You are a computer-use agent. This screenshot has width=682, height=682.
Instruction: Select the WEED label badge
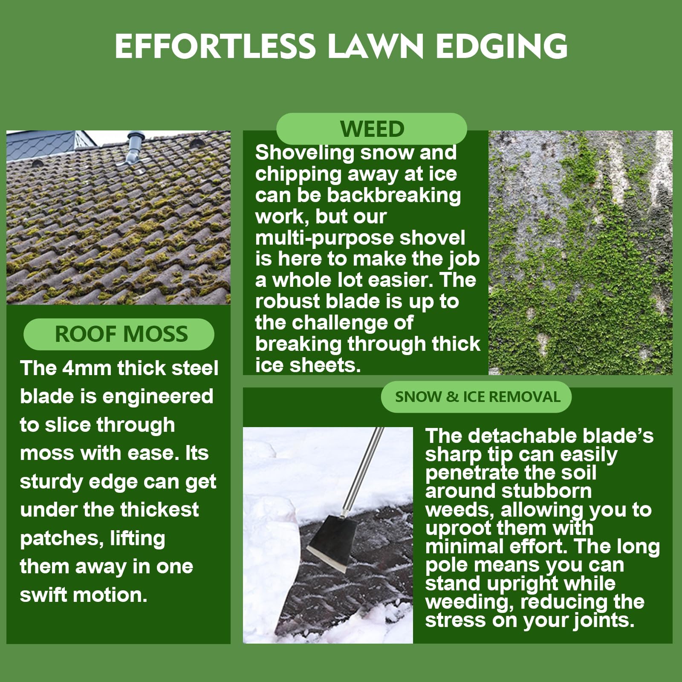(x=372, y=129)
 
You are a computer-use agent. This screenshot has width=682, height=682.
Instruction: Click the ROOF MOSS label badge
(x=119, y=334)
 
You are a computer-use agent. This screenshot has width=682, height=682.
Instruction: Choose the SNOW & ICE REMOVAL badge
(x=476, y=397)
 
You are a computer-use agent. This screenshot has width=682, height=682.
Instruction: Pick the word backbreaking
(x=394, y=196)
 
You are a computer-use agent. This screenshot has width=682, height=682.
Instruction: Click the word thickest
(x=159, y=510)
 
